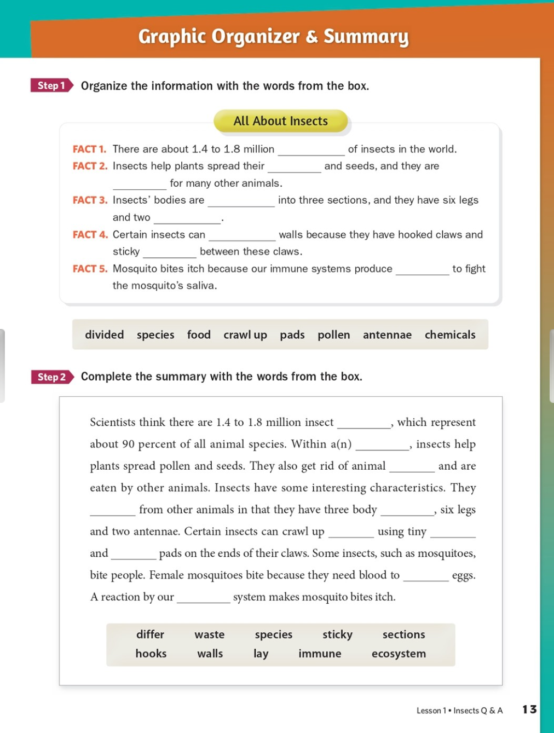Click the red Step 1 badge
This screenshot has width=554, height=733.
[51, 85]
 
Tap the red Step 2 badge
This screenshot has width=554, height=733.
[52, 377]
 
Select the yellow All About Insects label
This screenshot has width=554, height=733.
[280, 121]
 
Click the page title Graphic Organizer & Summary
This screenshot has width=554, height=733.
[273, 37]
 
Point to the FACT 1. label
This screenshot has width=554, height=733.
[89, 149]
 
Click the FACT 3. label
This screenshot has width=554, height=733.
[90, 200]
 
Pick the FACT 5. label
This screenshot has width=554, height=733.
[90, 269]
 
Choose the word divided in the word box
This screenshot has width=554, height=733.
[104, 334]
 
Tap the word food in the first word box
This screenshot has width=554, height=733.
[199, 334]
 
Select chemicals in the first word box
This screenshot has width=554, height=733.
[450, 334]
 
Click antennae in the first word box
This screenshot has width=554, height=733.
[387, 334]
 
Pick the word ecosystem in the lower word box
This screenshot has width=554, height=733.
[399, 654]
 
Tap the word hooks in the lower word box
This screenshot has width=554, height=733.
[151, 654]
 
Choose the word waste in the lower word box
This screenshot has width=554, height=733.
[210, 634]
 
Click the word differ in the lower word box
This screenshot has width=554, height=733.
[150, 634]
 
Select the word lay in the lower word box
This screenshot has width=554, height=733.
[261, 654]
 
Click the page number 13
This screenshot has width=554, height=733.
[529, 709]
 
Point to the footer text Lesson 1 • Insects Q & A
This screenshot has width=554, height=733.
[459, 711]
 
